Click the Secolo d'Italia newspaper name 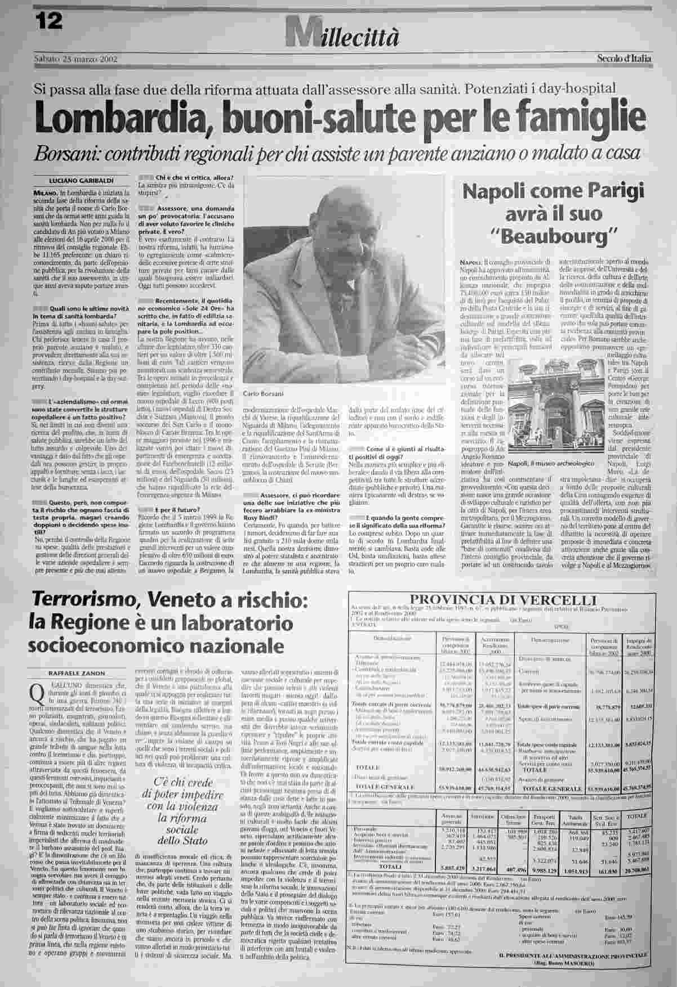point(623,58)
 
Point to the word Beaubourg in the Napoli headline point(552,237)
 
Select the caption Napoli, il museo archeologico point(551,463)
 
